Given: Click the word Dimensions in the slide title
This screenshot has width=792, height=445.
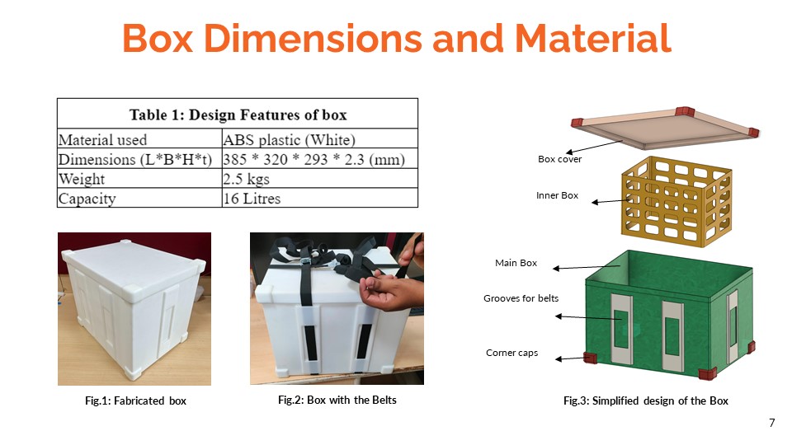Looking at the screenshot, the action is pos(313,38).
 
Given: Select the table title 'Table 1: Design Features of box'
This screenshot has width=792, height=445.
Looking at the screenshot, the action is pos(238,115).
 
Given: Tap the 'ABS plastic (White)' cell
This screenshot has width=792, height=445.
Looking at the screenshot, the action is pos(289,139).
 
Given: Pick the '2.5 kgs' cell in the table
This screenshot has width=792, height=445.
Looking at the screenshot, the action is pos(246,179).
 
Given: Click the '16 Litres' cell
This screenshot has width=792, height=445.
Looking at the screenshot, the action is pos(252,199).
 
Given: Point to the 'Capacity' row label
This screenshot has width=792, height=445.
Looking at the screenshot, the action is pos(87,199).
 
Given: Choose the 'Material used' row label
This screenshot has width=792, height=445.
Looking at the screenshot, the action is pos(102,140).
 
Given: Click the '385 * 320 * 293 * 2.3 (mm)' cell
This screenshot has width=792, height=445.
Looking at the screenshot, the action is pos(313,159).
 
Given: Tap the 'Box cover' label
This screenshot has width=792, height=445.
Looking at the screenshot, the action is pos(559,159).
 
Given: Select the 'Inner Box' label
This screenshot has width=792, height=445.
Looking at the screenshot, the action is pos(557,195).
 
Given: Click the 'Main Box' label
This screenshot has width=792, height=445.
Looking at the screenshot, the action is pos(516,263).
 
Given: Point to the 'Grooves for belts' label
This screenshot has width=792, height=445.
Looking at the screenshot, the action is pos(521,298).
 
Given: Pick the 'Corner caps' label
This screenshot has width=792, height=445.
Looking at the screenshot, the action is pos(511,353).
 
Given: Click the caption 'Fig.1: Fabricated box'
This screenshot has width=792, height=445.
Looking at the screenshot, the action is pos(135,400).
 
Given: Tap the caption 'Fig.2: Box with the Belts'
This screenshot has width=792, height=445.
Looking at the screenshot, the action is pos(337,400).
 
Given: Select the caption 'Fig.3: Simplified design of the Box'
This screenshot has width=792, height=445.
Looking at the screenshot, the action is pos(646,400).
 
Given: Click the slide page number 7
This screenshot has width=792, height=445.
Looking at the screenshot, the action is pos(772,423).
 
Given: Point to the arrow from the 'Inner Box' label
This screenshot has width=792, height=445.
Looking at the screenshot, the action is pos(610,201).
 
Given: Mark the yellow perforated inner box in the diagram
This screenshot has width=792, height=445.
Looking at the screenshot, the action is pos(676,202).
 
